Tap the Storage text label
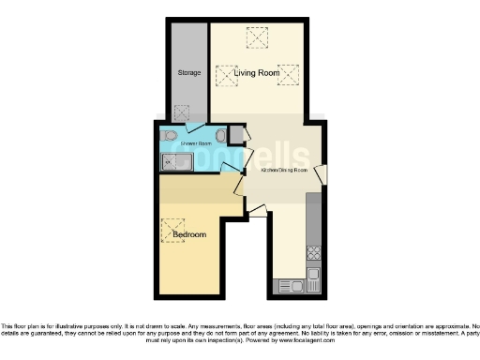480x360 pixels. click(189, 72)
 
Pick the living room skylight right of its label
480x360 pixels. click(290, 74)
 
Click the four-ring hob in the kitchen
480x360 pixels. click(314, 252)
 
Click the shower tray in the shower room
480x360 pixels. click(176, 163)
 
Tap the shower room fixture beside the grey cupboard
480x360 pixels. click(221, 136)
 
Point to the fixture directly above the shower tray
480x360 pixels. click(169, 137)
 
